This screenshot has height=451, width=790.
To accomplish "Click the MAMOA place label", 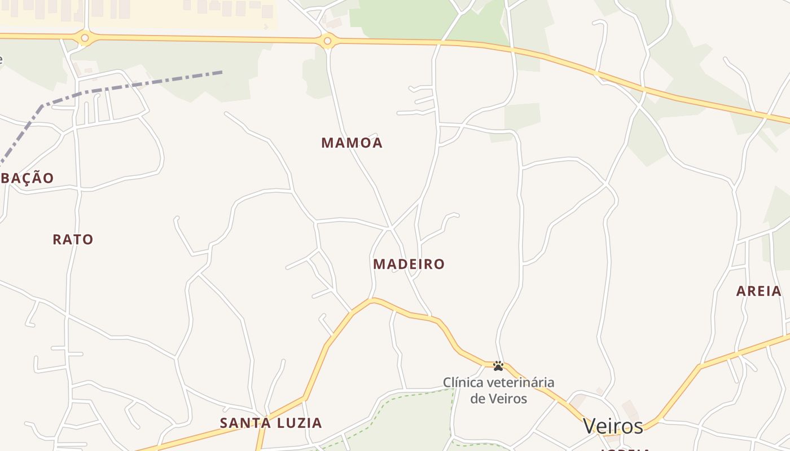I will (x=352, y=143).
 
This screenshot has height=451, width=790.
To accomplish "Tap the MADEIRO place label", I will (x=409, y=264).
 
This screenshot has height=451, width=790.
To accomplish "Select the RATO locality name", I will (x=73, y=240).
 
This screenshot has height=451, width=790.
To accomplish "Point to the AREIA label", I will (x=759, y=291).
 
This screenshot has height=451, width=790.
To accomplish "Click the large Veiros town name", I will (x=613, y=426).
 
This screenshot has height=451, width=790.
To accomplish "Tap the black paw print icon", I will (x=498, y=366).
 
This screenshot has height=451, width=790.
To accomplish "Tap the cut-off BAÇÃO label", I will (x=27, y=178).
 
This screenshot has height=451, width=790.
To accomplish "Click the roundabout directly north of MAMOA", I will (x=327, y=41).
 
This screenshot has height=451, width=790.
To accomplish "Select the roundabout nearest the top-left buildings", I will (x=85, y=38).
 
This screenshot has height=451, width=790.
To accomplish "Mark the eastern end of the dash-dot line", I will (x=221, y=72).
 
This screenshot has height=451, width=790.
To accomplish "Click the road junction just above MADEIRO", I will (x=389, y=228).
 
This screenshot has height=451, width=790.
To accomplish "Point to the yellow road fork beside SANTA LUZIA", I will (x=305, y=399).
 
